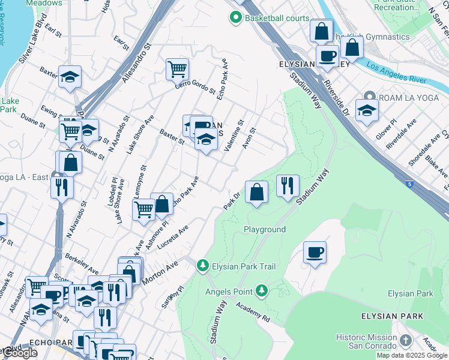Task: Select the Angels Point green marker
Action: [261, 292]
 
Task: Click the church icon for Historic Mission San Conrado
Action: [406, 341]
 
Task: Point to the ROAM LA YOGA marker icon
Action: [370, 97]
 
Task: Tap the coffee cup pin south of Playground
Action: [315, 252]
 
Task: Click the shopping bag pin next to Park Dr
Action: [256, 192]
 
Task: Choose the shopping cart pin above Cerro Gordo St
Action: [177, 69]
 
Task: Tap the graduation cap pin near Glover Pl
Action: [367, 110]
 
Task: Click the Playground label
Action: [264, 230]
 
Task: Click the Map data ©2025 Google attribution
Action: [412, 355]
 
